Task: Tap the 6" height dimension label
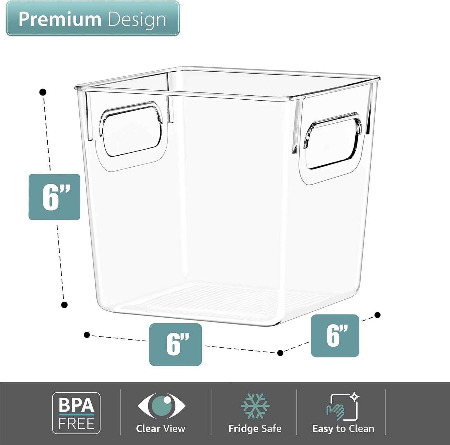click(x=54, y=197)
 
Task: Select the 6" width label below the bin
click(x=175, y=344)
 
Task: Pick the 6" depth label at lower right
click(x=335, y=336)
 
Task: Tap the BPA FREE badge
click(x=76, y=413)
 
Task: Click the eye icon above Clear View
click(x=161, y=405)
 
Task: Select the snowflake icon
click(x=255, y=405)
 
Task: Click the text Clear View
click(x=161, y=428)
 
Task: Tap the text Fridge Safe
click(x=255, y=428)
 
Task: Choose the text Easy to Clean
click(x=343, y=428)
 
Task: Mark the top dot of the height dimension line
click(x=43, y=92)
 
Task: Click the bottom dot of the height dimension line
click(x=64, y=305)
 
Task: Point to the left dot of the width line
click(x=87, y=335)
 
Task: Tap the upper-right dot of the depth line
click(x=377, y=315)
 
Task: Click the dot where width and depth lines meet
click(x=280, y=353)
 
